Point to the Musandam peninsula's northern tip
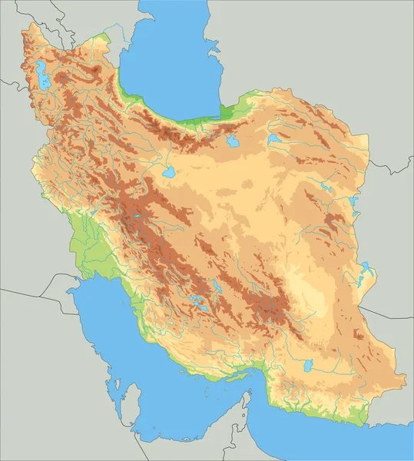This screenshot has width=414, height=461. pyautogui.click(x=248, y=393)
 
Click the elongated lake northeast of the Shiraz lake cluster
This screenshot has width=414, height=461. pyautogui.click(x=217, y=287)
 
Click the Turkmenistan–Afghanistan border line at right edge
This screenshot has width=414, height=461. pyautogui.click(x=392, y=168)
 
